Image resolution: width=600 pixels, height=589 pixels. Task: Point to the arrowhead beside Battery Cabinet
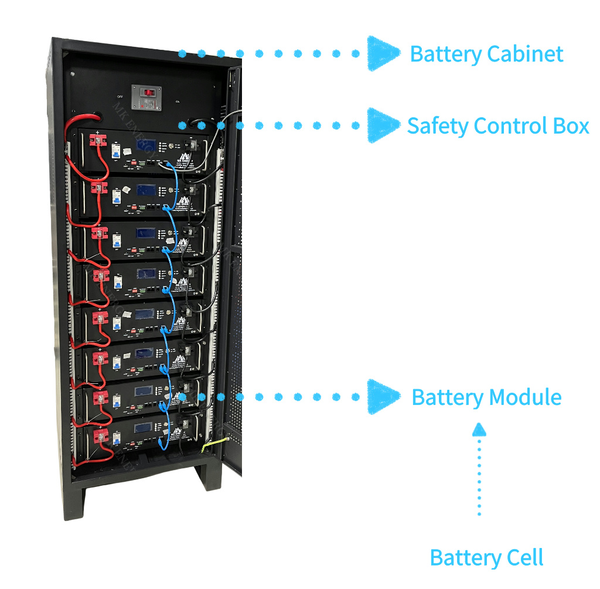tap(383, 53)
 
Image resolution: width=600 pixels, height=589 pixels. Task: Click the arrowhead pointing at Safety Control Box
tap(381, 125)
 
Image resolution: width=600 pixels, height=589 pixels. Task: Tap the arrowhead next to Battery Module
tap(383, 397)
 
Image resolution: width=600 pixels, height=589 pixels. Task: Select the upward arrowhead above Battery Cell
tap(479, 429)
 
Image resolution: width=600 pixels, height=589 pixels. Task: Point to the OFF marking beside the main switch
tap(120, 97)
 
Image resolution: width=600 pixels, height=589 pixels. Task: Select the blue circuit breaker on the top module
tap(117, 149)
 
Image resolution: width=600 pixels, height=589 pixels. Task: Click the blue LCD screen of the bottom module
tap(144, 427)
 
